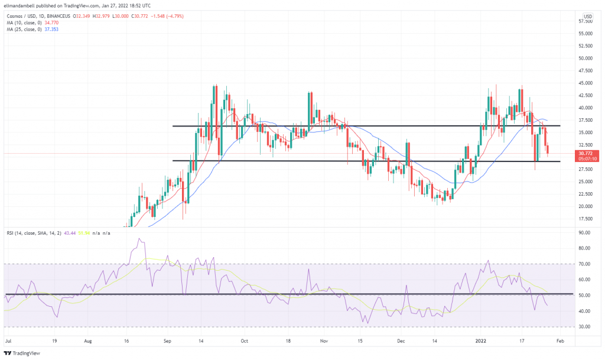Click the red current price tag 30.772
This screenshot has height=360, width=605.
tap(587, 153)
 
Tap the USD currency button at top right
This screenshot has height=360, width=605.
tap(588, 16)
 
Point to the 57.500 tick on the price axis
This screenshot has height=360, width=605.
tap(585, 21)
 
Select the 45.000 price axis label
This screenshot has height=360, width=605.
tap(585, 83)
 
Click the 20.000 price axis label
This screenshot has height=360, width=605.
tap(585, 207)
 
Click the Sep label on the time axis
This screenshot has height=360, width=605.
tap(167, 340)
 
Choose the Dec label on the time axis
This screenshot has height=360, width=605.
tap(402, 340)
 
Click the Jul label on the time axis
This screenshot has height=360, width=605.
tap(8, 340)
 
